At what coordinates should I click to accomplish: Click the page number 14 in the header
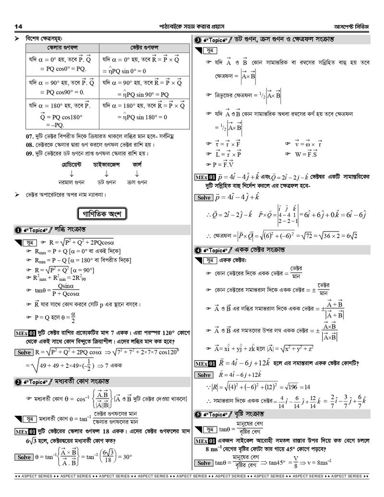coord(19,26)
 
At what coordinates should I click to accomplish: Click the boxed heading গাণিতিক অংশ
coord(102,213)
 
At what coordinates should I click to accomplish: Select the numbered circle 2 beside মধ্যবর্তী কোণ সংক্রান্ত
coord(18,382)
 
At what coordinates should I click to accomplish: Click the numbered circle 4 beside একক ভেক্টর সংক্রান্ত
coord(198,250)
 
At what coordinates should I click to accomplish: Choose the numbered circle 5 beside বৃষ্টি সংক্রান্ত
coord(198,414)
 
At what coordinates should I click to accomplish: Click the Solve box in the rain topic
coord(204,463)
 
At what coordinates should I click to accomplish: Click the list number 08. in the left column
coord(30,144)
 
